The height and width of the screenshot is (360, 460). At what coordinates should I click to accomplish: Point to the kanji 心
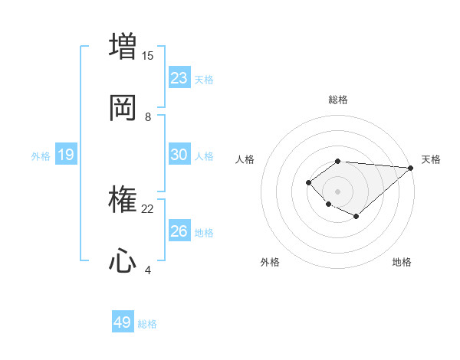click(x=123, y=262)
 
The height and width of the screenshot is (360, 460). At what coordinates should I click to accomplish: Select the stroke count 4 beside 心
click(x=148, y=270)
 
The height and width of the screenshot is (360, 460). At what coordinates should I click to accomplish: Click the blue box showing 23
click(x=179, y=77)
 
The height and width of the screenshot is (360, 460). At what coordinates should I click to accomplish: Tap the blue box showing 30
click(x=179, y=155)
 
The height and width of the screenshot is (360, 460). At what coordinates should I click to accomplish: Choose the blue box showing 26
click(x=179, y=231)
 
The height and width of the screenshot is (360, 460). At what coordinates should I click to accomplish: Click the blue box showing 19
click(x=66, y=155)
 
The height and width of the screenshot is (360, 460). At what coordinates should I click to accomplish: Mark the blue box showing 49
click(x=123, y=322)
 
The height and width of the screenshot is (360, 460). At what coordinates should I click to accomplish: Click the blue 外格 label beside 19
click(x=41, y=156)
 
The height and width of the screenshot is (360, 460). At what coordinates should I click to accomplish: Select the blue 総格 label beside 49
click(x=147, y=324)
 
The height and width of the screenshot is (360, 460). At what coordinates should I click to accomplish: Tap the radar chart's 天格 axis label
click(x=431, y=159)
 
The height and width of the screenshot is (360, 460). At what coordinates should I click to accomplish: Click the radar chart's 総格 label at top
click(x=338, y=100)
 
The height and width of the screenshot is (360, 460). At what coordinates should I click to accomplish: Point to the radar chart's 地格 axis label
click(x=402, y=262)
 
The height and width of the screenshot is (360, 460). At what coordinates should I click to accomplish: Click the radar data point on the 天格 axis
click(x=411, y=168)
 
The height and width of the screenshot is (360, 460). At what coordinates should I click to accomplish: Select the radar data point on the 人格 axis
click(x=308, y=182)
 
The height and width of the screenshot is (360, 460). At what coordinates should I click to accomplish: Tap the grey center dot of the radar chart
click(x=337, y=191)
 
